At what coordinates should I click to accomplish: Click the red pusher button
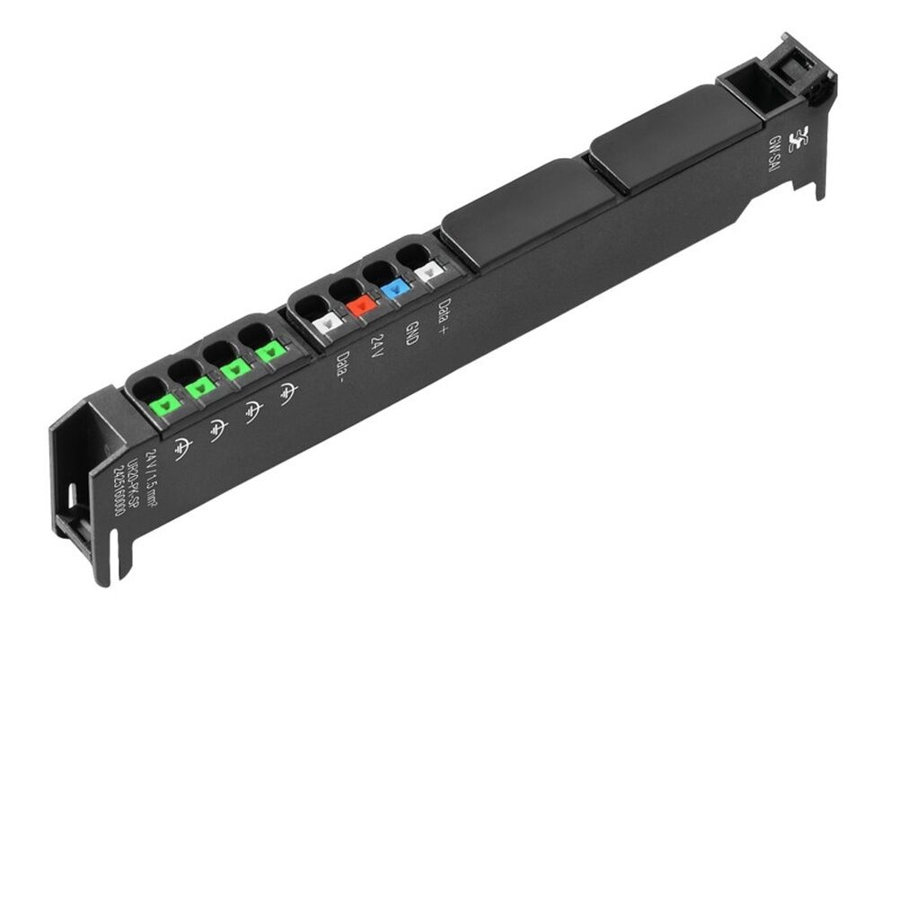pos(362,304)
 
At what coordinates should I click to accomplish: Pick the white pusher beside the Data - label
pos(329,321)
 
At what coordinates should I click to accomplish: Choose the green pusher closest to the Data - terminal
pos(269,353)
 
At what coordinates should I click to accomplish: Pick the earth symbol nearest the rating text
pos(182,445)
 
